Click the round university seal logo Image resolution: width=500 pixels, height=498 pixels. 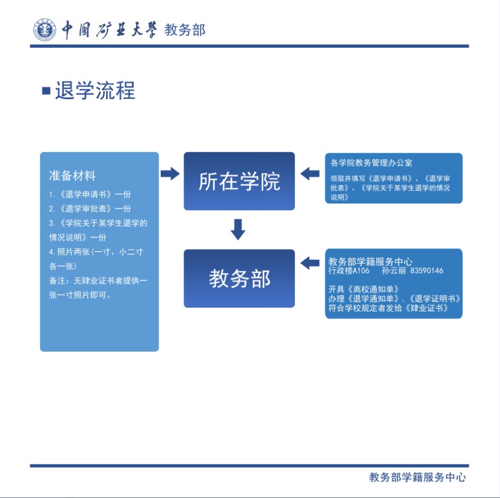(x=44, y=30)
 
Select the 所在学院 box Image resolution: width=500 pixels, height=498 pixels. (x=239, y=181)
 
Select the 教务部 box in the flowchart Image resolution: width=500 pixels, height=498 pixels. (x=239, y=279)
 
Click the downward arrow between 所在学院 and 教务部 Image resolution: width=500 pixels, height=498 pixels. (x=238, y=229)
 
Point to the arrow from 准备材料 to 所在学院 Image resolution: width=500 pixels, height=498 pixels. (x=170, y=174)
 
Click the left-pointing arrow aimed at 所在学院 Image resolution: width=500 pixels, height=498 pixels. (x=310, y=173)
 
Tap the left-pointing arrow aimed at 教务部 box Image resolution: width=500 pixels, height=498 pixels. (x=310, y=263)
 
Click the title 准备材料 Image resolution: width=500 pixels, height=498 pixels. (x=72, y=175)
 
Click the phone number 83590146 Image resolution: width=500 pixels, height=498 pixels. (x=426, y=271)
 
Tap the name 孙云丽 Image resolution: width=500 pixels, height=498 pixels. (x=393, y=271)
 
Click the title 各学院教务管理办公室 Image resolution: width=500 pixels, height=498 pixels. (x=371, y=163)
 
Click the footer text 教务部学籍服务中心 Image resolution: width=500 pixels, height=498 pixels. (x=417, y=477)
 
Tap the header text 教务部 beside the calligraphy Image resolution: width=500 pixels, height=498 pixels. (x=185, y=30)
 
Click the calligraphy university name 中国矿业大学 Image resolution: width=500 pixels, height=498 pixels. (x=108, y=30)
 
